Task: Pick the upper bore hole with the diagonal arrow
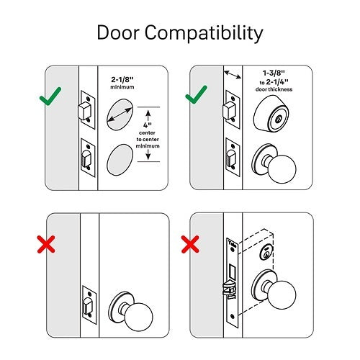pos(120,114)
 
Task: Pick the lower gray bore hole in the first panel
pos(120,160)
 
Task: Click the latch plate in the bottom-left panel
pos(90,304)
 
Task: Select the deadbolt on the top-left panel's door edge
pos(84,110)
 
